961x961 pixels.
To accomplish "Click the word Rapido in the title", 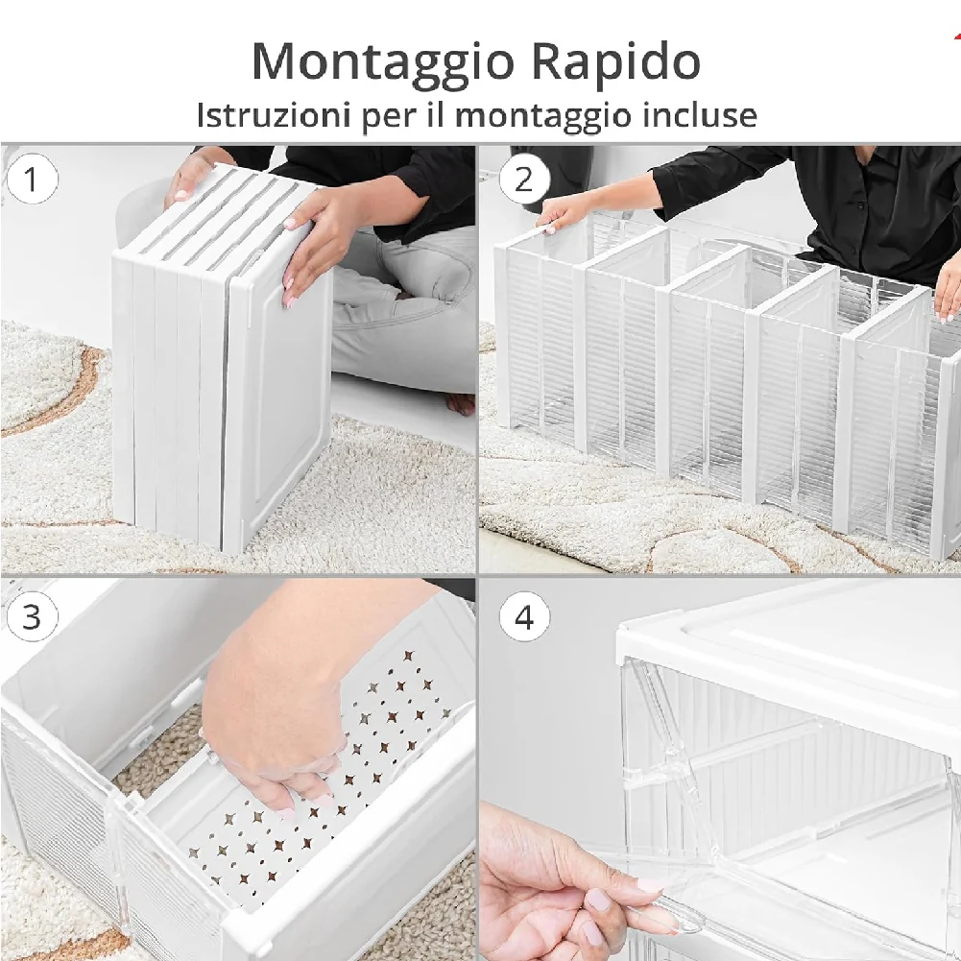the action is coord(614,62).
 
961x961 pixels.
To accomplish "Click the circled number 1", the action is coord(32,179).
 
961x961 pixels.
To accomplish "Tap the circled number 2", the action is coord(524,179).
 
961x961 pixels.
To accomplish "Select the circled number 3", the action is coord(32,616).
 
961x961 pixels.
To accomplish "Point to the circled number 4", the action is coord(524,616).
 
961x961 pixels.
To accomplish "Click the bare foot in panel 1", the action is coord(460,402).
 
